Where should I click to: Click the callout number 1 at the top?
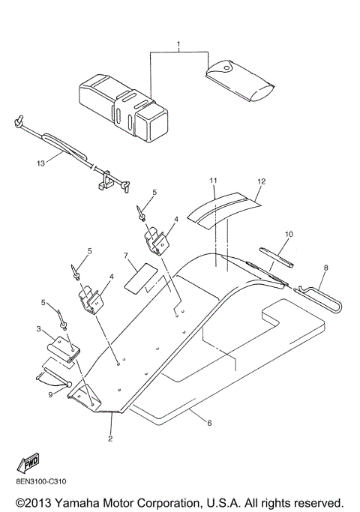pos(178,46)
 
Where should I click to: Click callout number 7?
pos(127,256)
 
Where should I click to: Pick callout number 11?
pos(213,181)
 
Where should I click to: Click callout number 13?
pos(40,162)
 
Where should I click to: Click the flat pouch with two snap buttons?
pos(236,74)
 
